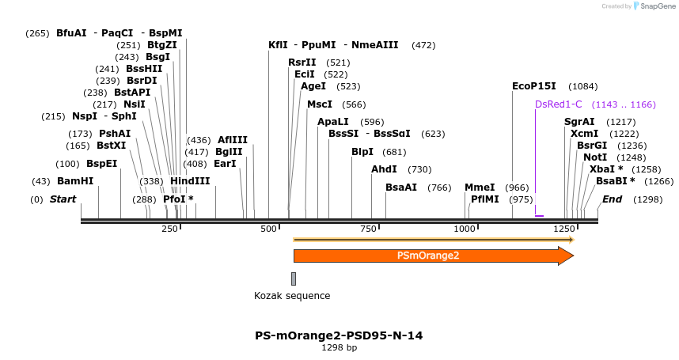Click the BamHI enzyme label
click(x=75, y=181)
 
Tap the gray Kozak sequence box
click(x=294, y=279)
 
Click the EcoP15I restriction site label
click(x=534, y=86)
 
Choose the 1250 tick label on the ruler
click(x=564, y=229)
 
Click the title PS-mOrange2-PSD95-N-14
click(x=339, y=335)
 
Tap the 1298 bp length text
click(x=339, y=347)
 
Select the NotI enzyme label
click(x=595, y=157)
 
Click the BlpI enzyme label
click(x=362, y=152)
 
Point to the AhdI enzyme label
click(x=385, y=169)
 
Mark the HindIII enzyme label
click(x=190, y=181)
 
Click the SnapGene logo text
click(x=656, y=6)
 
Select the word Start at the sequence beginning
click(x=63, y=199)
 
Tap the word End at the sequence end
click(x=612, y=199)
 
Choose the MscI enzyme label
click(x=320, y=104)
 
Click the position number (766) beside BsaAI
click(x=439, y=188)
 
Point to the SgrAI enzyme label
click(x=579, y=122)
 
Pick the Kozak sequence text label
click(x=292, y=296)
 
